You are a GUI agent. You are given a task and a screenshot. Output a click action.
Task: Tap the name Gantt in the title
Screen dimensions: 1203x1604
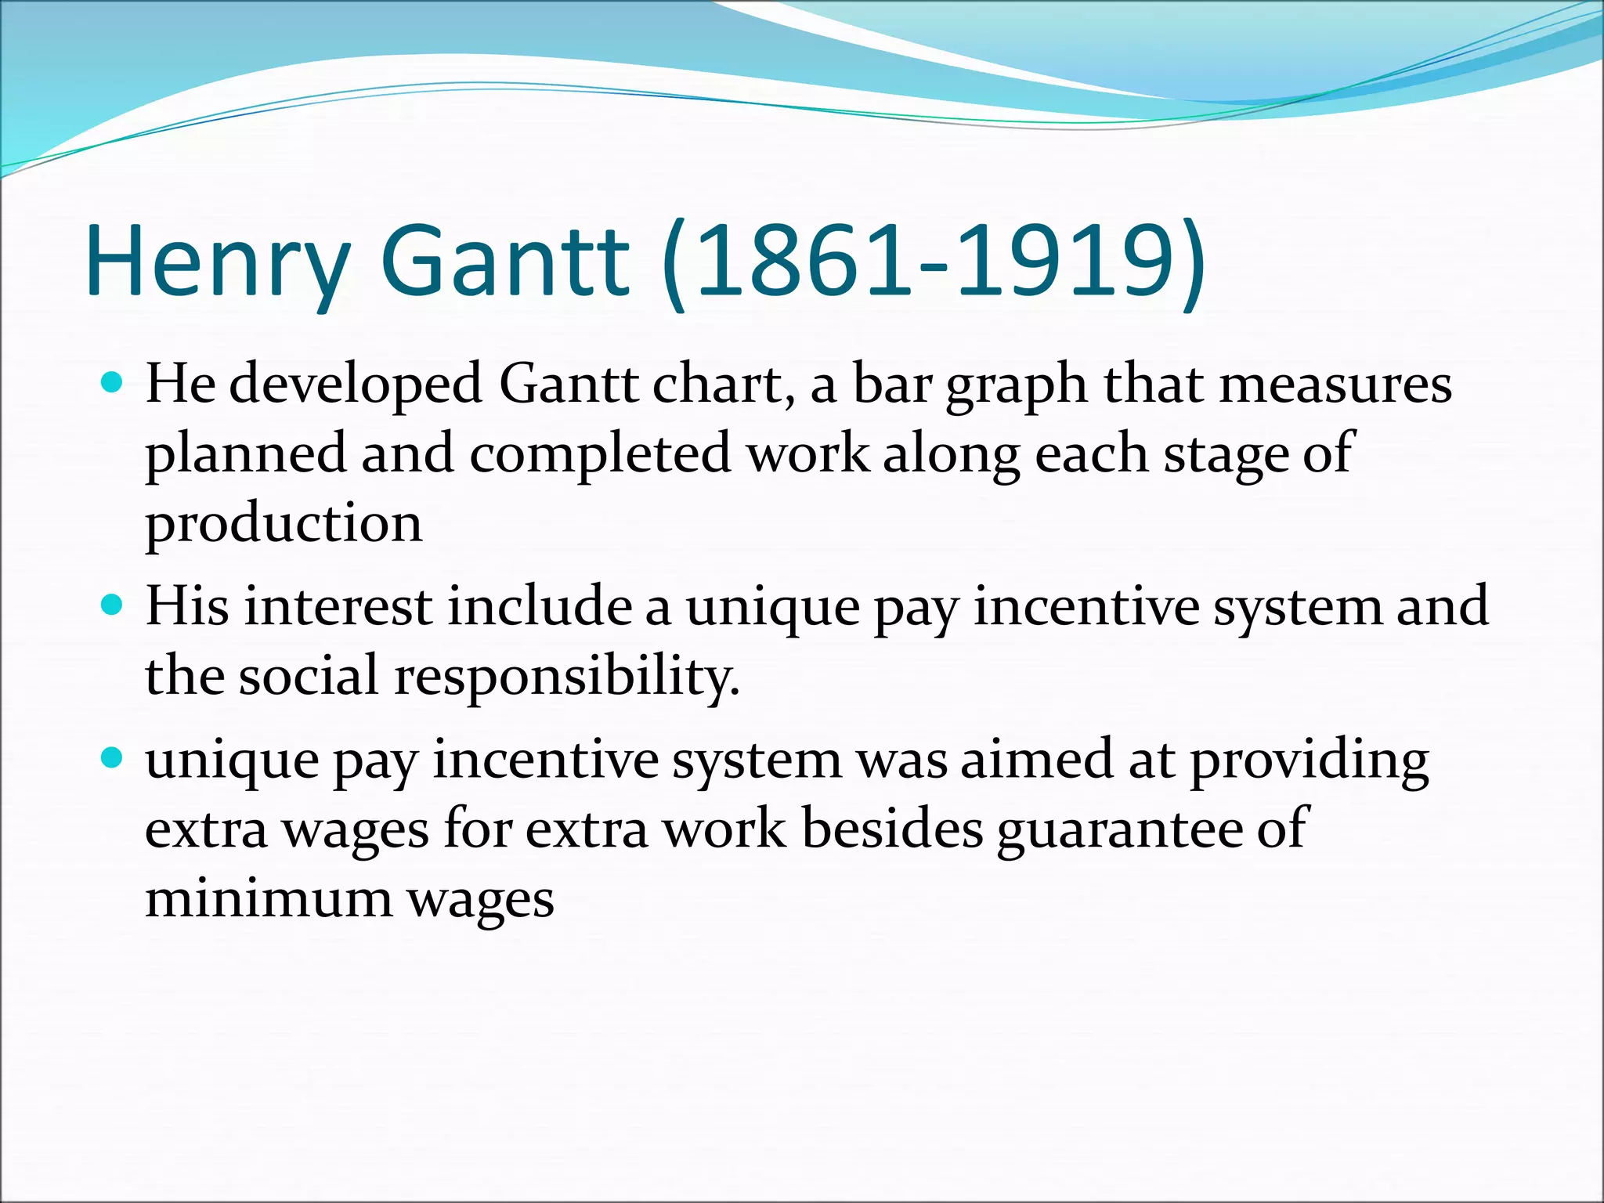pos(504,261)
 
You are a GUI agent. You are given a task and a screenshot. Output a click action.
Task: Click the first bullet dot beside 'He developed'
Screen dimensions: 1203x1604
pos(113,384)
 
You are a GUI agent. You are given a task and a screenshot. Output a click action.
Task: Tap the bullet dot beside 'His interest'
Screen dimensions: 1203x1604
pos(113,605)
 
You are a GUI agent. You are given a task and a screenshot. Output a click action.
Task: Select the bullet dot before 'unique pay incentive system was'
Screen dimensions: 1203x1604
pos(113,758)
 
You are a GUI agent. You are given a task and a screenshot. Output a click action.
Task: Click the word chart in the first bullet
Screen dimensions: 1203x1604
pos(724,385)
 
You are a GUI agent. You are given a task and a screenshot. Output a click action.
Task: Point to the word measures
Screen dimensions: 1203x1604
pos(1335,385)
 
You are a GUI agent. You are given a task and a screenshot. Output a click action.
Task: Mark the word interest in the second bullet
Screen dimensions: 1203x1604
pos(338,606)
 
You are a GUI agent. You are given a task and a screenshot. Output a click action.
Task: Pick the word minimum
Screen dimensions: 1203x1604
pos(268,898)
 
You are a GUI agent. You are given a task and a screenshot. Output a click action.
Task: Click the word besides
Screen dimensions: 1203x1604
pos(892,829)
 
